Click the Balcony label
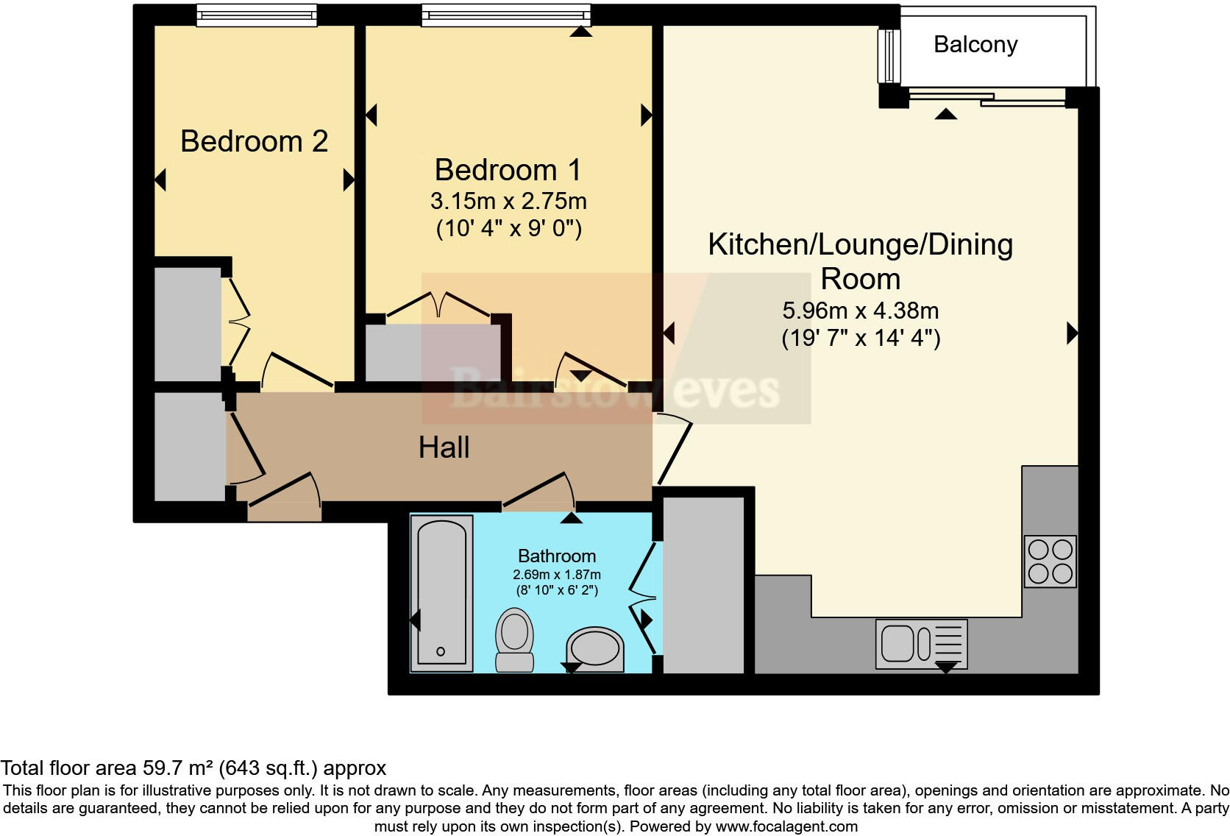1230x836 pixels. coord(975,45)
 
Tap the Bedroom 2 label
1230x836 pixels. coord(254,141)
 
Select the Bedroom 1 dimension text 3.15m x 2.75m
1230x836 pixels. coord(508,201)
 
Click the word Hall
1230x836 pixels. coord(444,447)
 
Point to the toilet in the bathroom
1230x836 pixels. coord(515,640)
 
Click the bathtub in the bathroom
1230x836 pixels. coord(441,592)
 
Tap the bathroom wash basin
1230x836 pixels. coord(594,649)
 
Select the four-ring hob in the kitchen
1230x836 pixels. coord(1051,562)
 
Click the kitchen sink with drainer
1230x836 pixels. coord(921,644)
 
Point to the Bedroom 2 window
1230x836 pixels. coord(256,15)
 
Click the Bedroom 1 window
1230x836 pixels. coord(505,15)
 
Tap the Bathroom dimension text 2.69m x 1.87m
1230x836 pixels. coord(557,575)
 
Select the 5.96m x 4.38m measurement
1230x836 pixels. coord(860,311)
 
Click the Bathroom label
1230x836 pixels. coord(557,556)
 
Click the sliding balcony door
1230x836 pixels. coord(986,98)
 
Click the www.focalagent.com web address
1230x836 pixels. coord(786,826)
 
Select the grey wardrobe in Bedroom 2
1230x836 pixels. coord(188,324)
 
